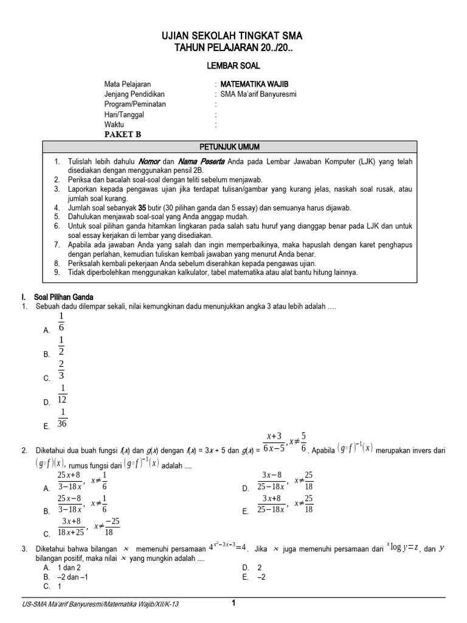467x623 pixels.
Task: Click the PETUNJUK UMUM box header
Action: (230, 147)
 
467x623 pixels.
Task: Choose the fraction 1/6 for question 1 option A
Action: (61, 322)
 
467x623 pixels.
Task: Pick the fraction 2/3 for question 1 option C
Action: (61, 370)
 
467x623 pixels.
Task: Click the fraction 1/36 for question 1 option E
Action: (61, 418)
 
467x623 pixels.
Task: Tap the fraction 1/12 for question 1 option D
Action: (62, 394)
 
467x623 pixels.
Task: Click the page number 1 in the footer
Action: (233, 603)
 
